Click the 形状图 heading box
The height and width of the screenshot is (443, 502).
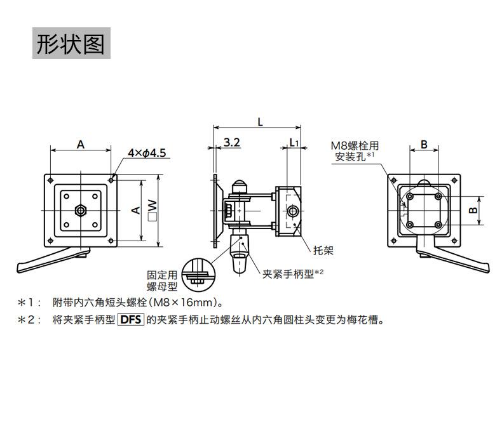(71, 43)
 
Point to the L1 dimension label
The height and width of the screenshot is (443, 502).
(294, 143)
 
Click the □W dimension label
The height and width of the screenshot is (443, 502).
(152, 209)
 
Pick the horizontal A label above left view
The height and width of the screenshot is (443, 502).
(81, 144)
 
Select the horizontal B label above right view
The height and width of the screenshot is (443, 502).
(424, 144)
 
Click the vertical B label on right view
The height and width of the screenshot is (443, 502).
(472, 210)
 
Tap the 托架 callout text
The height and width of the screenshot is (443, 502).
(323, 249)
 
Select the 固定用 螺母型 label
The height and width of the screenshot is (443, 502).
(162, 281)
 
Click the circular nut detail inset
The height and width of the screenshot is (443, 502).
(198, 275)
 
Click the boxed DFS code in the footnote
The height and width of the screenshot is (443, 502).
(132, 320)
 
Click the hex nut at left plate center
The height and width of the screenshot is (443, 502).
(80, 209)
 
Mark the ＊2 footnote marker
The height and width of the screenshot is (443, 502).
(29, 320)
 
